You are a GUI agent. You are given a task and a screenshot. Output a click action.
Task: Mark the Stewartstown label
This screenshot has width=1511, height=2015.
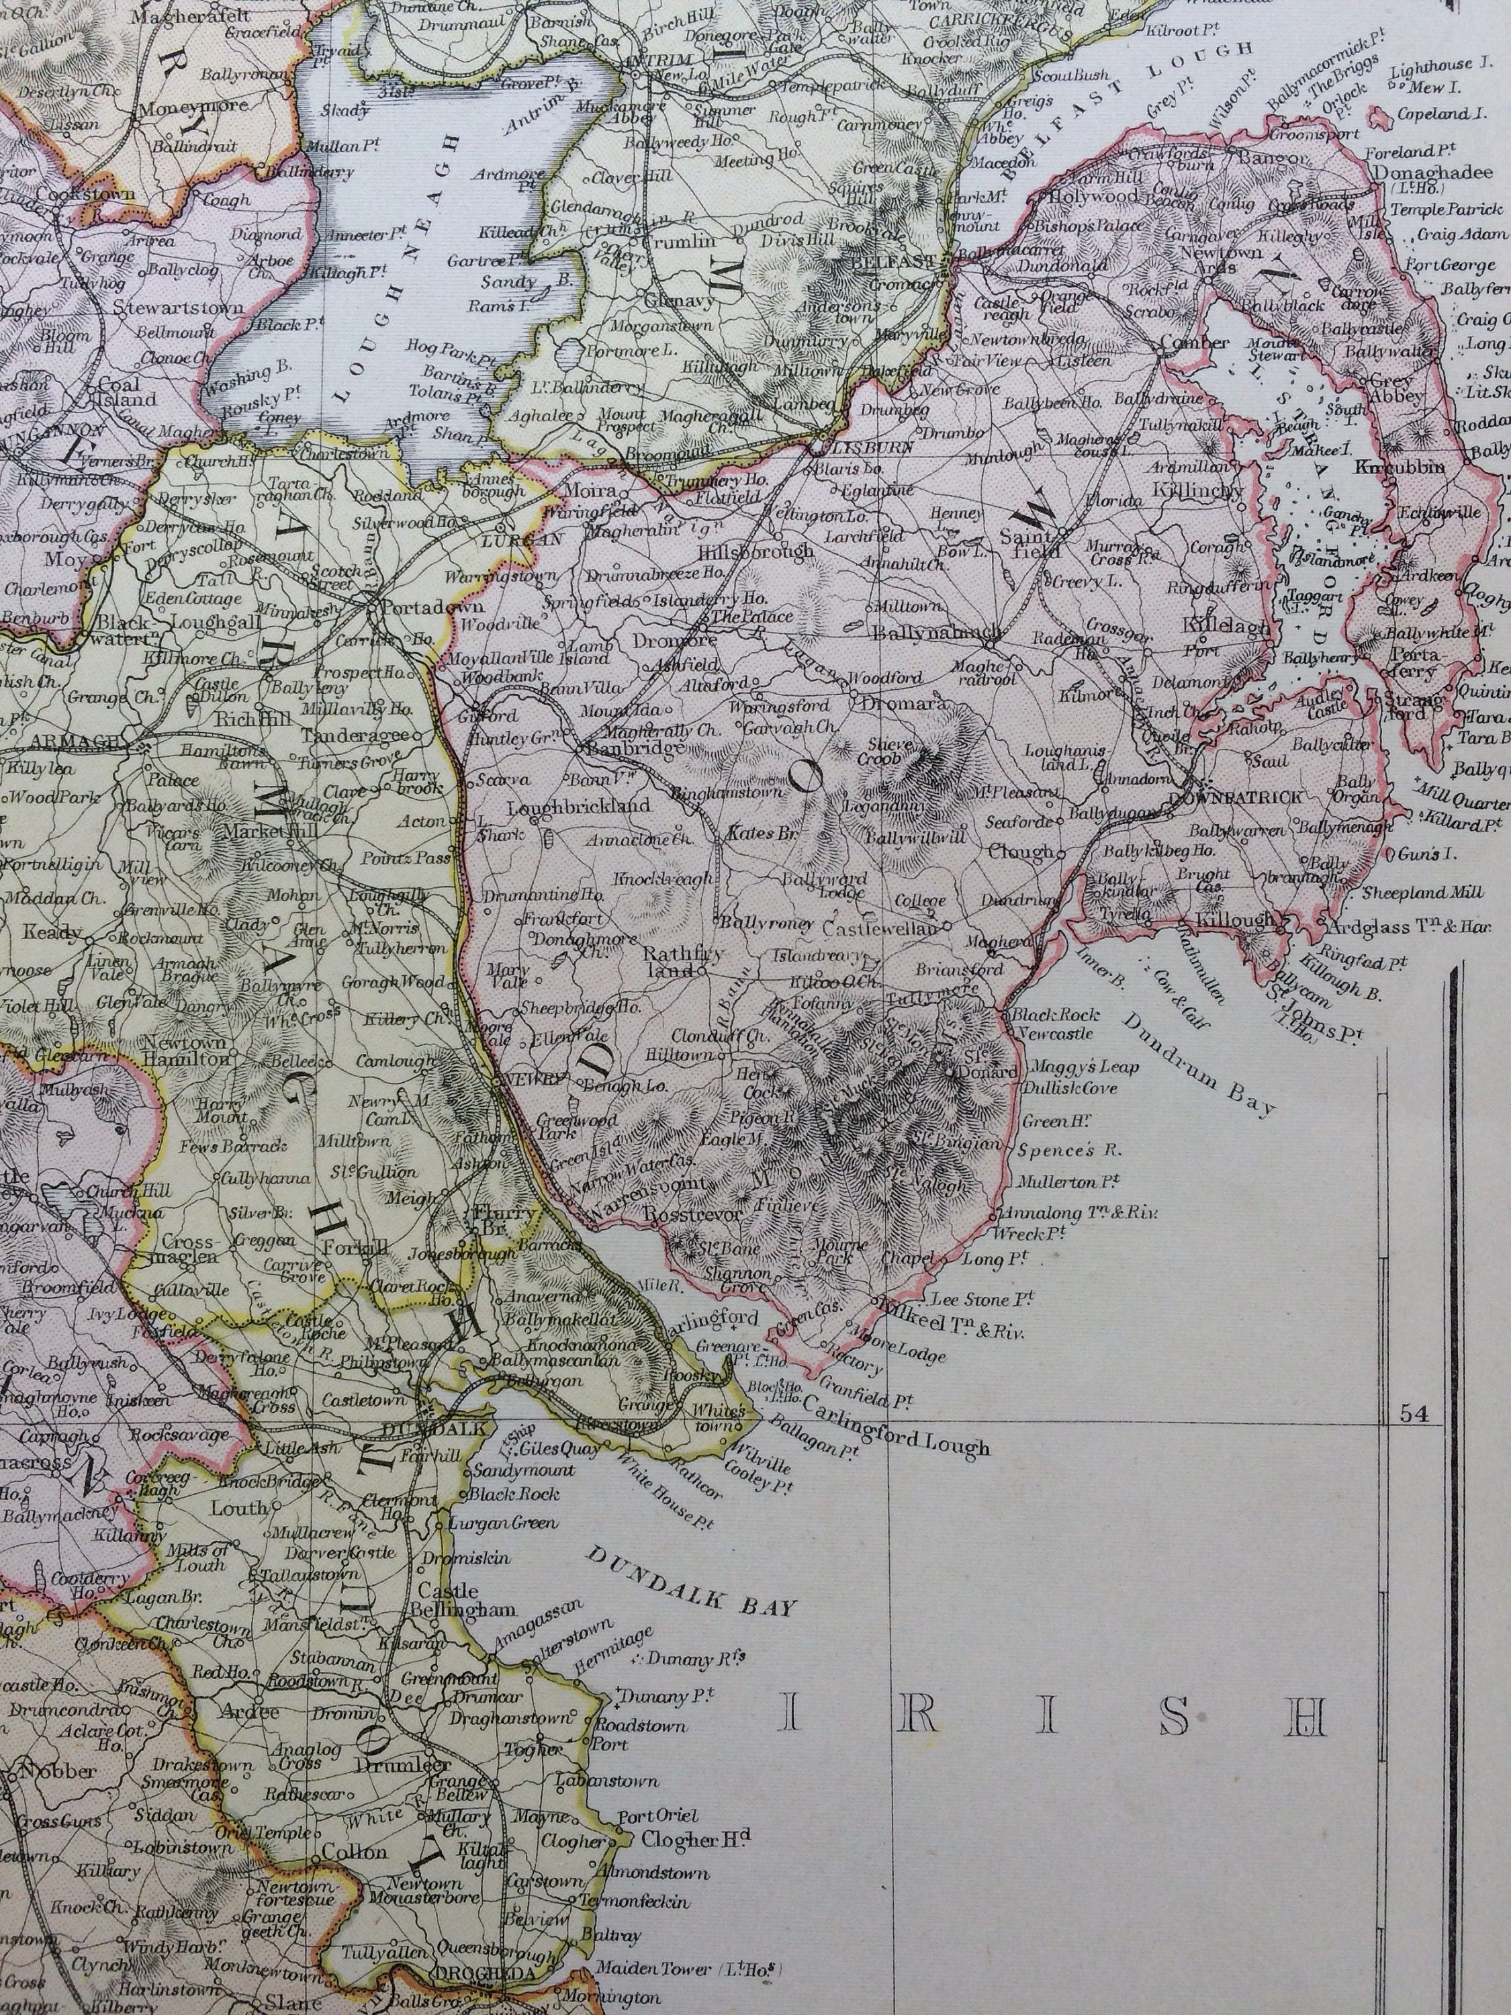point(179,307)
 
